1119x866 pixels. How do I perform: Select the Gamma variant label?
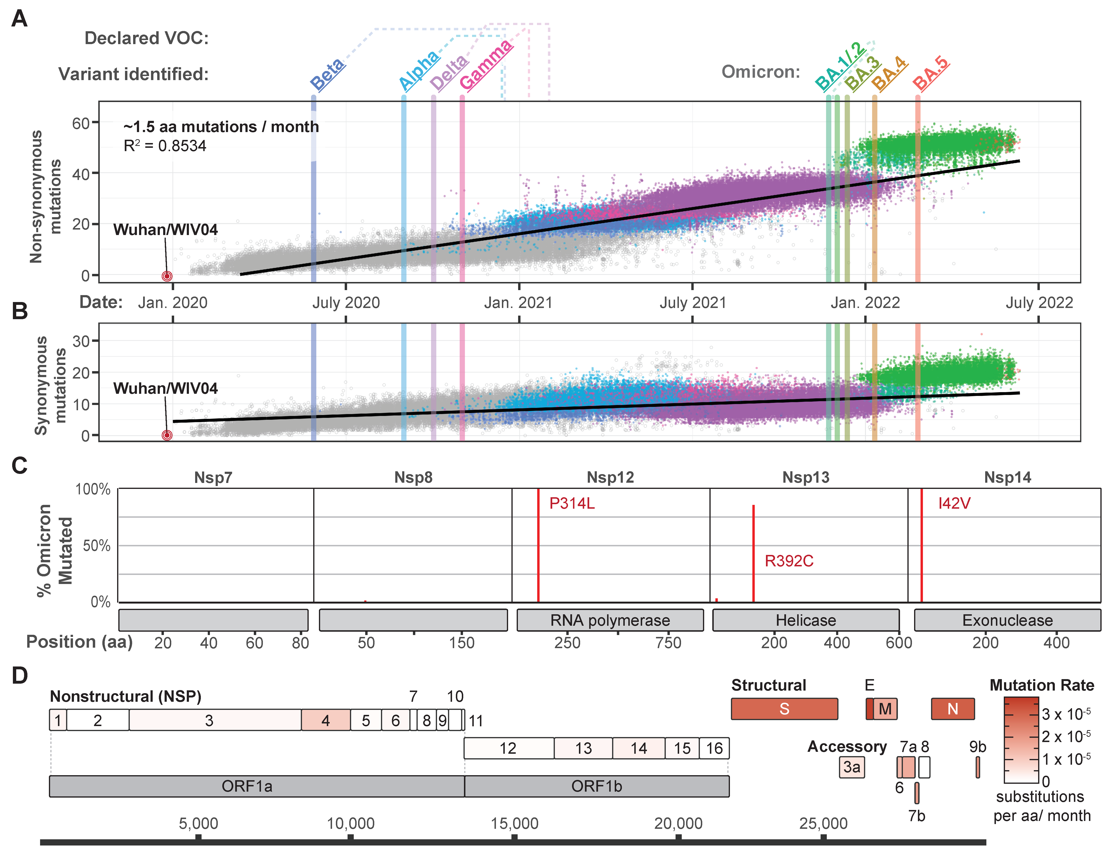coord(486,65)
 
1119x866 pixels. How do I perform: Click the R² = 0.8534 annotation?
coord(165,146)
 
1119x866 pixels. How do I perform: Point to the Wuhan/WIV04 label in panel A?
coord(166,229)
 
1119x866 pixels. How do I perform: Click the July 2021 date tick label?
coord(693,303)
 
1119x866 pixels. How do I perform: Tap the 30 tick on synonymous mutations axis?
coord(81,341)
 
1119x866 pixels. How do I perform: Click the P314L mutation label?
coord(572,503)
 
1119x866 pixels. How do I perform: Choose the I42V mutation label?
coord(954,503)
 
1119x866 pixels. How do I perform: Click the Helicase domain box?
coord(805,620)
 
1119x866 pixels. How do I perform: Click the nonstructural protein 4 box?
coord(325,720)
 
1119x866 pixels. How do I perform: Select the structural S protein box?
coord(784,709)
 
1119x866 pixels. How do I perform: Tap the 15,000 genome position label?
coord(514,824)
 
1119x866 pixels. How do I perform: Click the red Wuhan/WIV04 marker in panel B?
coord(167,435)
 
